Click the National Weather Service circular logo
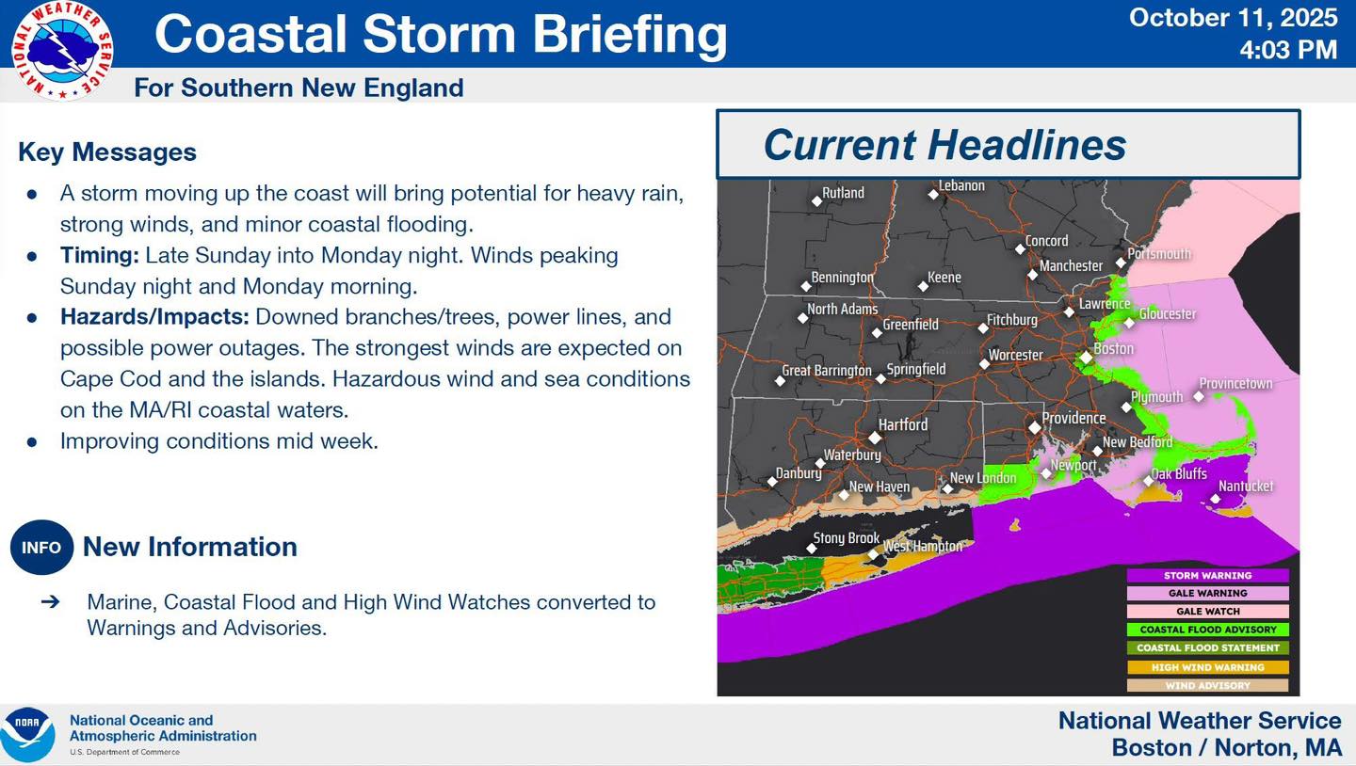[62, 51]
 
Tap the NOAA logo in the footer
[28, 735]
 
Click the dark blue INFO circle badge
[41, 547]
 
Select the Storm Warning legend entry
[1207, 575]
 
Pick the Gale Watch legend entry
[1207, 611]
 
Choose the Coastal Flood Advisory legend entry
[1207, 630]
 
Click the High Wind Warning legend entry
[1207, 667]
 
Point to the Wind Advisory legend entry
[1207, 685]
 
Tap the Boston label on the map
[1113, 348]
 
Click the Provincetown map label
[1235, 384]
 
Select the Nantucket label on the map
[1245, 486]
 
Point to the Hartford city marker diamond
[875, 437]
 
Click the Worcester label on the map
[1015, 355]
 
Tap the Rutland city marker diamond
[816, 200]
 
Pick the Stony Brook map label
[846, 538]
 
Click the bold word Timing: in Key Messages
[100, 255]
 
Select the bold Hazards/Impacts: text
[154, 317]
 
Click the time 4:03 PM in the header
[1288, 50]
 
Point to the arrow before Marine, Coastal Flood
[50, 601]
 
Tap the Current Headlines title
[944, 145]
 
